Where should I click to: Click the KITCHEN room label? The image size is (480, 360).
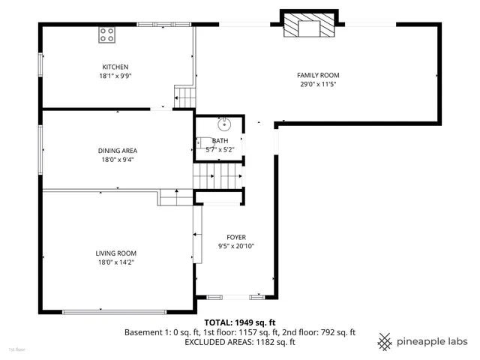[115, 67]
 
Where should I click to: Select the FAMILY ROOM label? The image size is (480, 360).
[318, 75]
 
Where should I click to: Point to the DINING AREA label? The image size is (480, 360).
[118, 150]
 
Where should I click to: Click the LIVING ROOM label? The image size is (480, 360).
[115, 253]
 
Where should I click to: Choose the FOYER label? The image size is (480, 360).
[236, 237]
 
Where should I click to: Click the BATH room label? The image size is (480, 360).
[220, 141]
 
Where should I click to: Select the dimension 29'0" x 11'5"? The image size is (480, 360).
[318, 84]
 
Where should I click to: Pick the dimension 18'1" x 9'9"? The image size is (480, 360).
[115, 76]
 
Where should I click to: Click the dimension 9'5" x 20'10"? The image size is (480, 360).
[236, 246]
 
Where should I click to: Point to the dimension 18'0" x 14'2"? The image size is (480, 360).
[115, 262]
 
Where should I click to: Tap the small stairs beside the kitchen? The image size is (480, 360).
[184, 97]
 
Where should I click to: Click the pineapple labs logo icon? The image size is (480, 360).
[385, 340]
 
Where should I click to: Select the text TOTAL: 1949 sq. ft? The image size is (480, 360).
[239, 321]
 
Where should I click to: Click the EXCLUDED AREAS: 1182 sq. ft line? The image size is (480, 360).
[239, 342]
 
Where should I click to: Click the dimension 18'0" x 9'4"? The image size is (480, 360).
[118, 159]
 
